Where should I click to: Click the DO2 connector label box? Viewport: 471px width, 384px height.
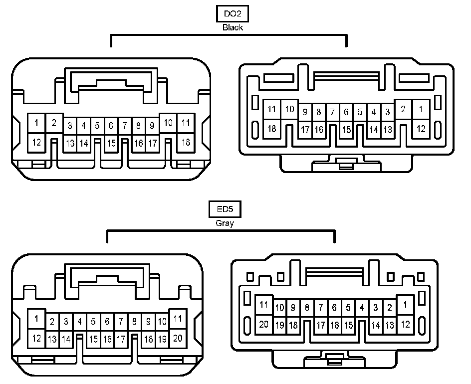click(232, 14)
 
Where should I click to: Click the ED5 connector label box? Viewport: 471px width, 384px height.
click(225, 210)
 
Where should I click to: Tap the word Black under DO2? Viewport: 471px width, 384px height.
click(233, 28)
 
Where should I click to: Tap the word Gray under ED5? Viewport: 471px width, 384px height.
click(225, 223)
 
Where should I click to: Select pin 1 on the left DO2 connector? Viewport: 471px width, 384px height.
click(36, 122)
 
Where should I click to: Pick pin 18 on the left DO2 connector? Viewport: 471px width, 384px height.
click(186, 142)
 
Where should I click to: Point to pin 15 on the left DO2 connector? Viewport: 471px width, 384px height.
click(111, 143)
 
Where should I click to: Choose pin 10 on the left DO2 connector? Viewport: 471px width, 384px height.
click(169, 123)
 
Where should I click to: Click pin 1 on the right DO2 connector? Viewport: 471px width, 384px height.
click(421, 109)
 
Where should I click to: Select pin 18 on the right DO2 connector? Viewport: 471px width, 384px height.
click(272, 129)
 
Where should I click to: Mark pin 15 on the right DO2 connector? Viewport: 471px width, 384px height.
click(346, 130)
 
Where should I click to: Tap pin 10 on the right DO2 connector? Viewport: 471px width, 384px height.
click(289, 109)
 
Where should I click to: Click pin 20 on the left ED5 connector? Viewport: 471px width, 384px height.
click(177, 338)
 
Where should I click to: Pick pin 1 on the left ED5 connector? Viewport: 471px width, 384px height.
click(36, 318)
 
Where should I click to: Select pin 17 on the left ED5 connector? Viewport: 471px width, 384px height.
click(121, 339)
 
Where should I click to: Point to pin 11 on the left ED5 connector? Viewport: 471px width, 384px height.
click(177, 318)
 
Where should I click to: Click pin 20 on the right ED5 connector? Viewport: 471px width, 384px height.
click(264, 324)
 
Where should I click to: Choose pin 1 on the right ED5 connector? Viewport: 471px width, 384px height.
click(405, 305)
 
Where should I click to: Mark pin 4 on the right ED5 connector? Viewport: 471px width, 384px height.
click(362, 308)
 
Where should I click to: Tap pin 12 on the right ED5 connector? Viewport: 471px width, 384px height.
click(405, 324)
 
